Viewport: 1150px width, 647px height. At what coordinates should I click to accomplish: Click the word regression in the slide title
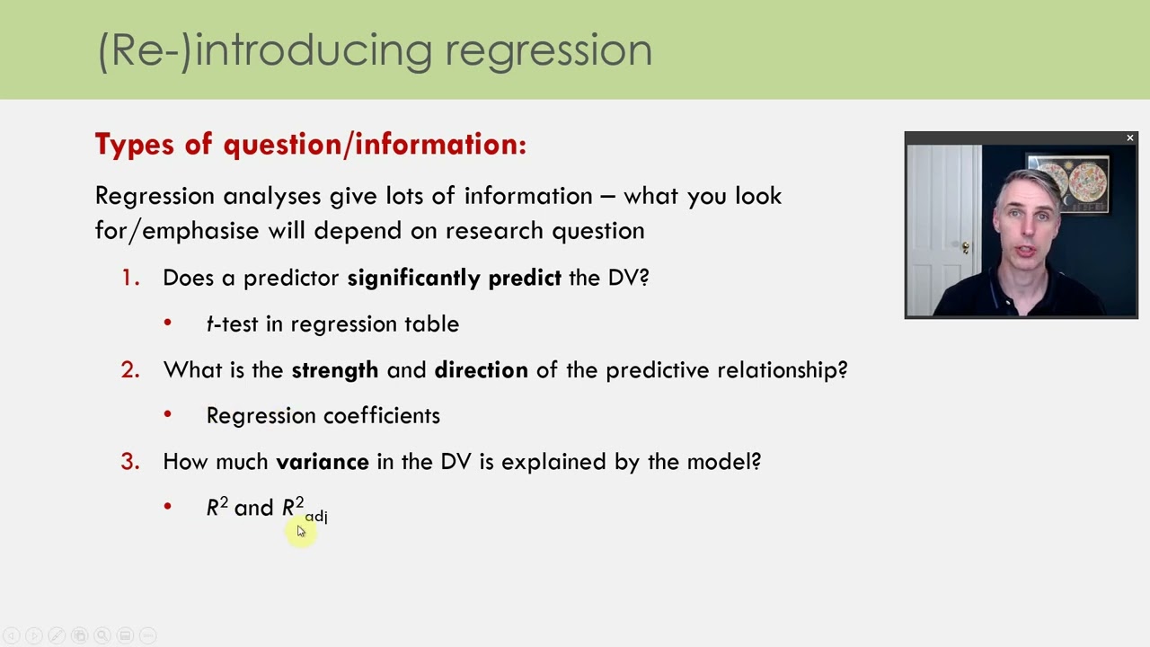click(548, 51)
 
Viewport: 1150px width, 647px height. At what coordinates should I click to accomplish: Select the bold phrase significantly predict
click(454, 279)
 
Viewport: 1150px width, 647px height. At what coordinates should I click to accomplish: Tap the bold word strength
click(334, 370)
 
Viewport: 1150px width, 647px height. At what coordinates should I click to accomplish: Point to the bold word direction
click(481, 370)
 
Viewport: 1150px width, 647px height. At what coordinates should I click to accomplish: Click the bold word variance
click(322, 462)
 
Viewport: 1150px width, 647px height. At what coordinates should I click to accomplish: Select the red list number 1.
click(130, 279)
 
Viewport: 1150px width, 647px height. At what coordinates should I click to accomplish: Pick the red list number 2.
click(130, 370)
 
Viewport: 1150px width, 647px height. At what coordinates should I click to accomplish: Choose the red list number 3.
click(130, 462)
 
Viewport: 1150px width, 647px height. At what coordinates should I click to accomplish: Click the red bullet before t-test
click(168, 323)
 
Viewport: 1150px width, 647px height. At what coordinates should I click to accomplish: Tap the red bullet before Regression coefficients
click(168, 414)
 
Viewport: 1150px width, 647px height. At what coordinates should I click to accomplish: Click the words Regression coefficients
click(323, 415)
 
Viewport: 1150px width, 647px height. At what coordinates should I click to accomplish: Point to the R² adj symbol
click(304, 509)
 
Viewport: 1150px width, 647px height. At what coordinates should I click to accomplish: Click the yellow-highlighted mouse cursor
click(300, 531)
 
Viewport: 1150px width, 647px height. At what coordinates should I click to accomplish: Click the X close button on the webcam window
click(1129, 138)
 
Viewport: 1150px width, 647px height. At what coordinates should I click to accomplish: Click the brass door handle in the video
click(965, 247)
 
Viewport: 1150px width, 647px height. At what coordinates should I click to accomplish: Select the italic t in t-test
click(209, 324)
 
